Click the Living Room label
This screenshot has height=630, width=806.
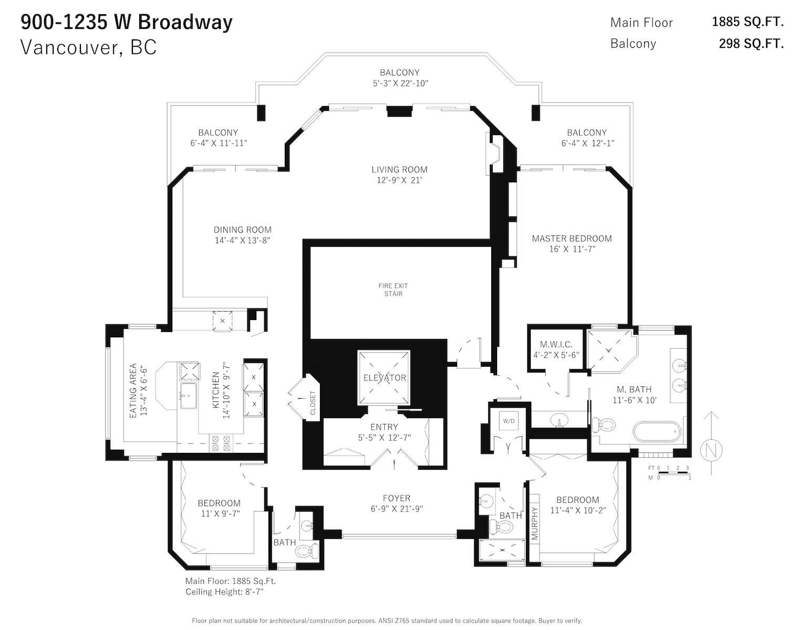(x=399, y=170)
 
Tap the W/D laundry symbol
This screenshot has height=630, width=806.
(x=509, y=421)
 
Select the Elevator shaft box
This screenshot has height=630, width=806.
(x=384, y=377)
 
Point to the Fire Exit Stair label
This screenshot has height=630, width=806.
(x=393, y=290)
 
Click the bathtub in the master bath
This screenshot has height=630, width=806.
(x=657, y=432)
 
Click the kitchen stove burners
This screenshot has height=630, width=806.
(x=220, y=443)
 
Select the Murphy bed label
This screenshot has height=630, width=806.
(x=534, y=523)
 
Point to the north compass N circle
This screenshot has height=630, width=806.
(x=711, y=450)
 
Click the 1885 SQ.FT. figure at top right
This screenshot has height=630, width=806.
(x=748, y=22)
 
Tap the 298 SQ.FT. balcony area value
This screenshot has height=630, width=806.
(x=751, y=44)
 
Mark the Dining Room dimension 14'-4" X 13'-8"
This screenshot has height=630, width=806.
(x=242, y=240)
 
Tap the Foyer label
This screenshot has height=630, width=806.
(x=397, y=498)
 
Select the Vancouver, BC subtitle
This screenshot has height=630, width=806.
(x=89, y=47)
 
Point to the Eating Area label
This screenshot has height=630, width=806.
(x=133, y=390)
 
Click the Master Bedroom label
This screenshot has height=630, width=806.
(x=572, y=239)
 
